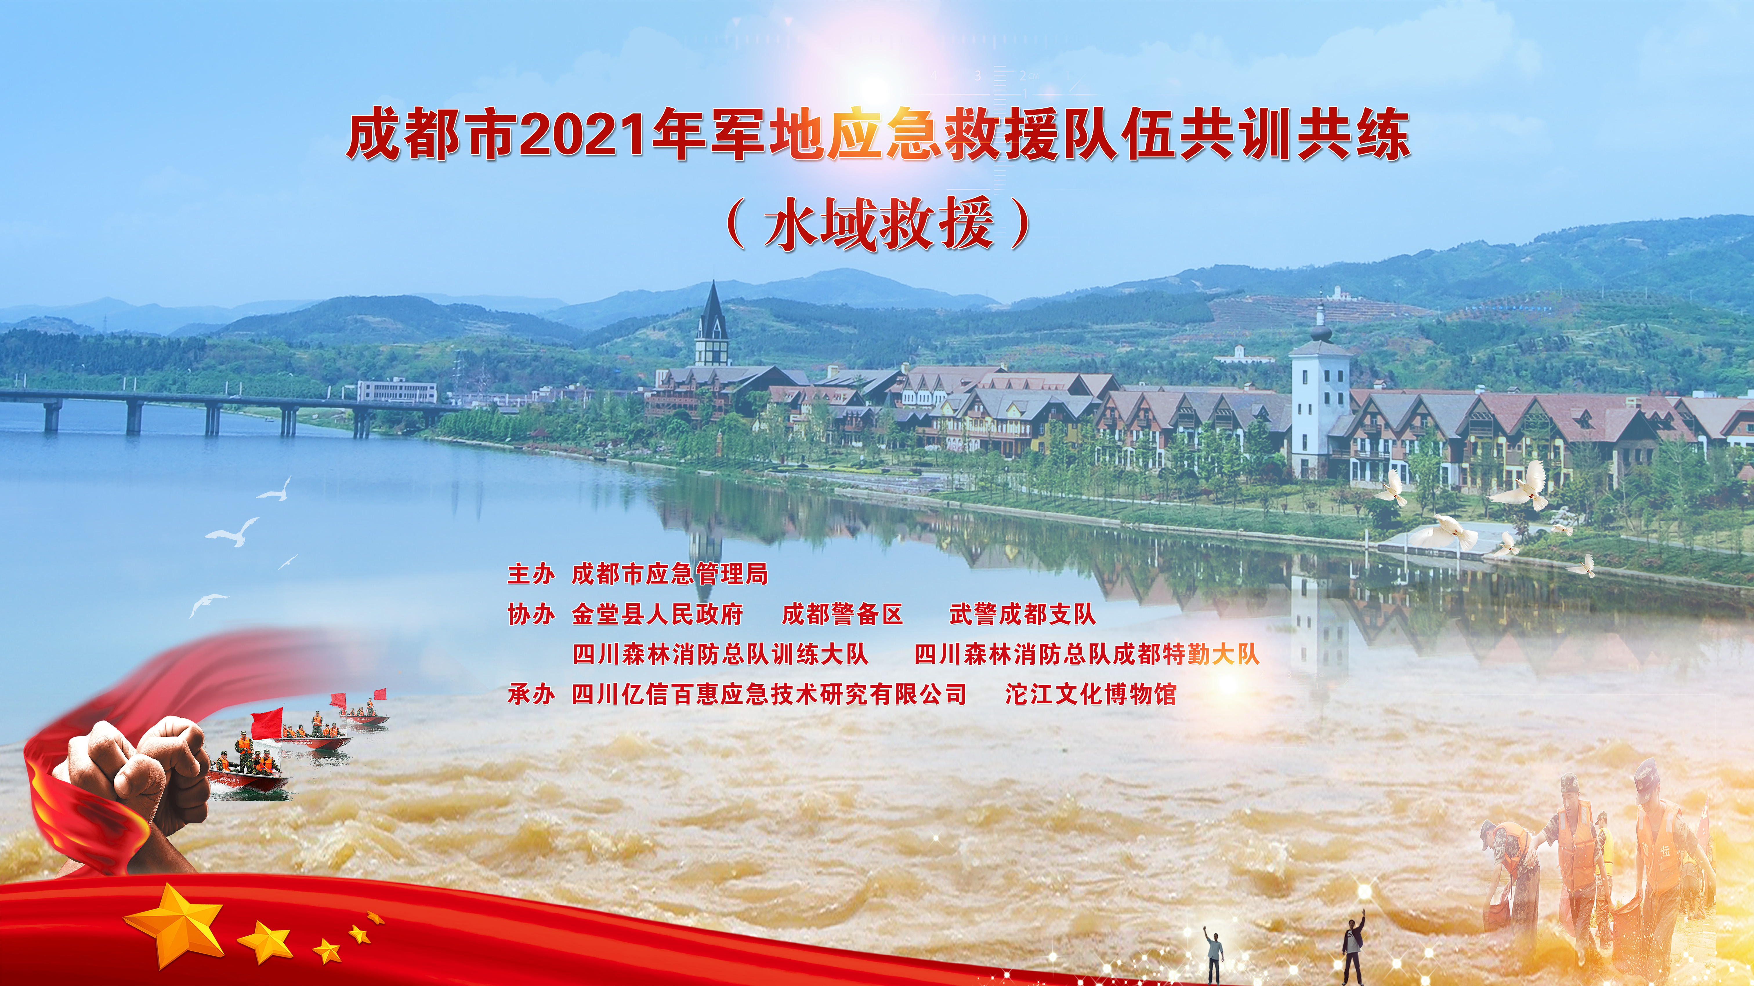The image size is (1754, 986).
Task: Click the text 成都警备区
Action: (842, 614)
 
